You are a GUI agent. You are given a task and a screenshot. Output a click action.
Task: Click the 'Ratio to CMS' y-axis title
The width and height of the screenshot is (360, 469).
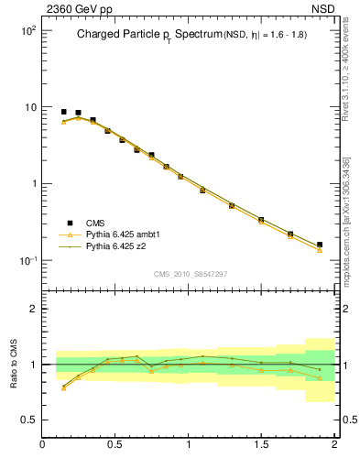(x=14, y=365)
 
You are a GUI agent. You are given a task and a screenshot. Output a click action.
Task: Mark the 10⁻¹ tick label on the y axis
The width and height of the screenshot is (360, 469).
(x=27, y=261)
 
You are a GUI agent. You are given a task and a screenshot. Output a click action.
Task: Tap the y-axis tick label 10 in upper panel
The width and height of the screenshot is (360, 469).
(x=29, y=107)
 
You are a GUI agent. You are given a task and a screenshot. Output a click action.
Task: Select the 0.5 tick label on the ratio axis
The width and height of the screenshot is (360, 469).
(x=28, y=420)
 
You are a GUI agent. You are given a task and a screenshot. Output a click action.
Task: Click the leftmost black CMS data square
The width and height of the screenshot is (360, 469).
(x=63, y=112)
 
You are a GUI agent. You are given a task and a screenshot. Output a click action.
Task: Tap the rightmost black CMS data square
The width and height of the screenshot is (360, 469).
(x=320, y=245)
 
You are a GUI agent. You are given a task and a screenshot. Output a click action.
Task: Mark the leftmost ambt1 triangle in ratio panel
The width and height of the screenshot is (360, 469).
(x=63, y=388)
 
